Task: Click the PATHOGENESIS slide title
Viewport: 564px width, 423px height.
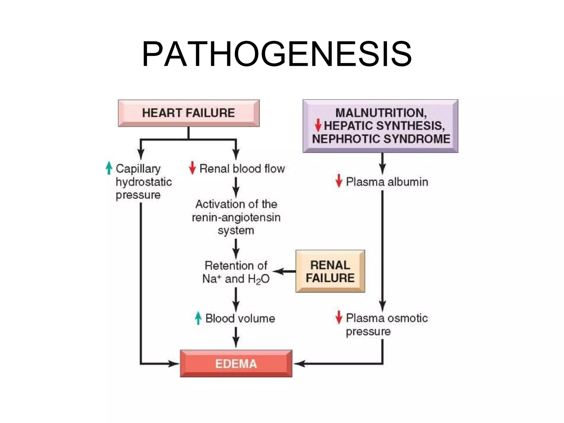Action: point(276,54)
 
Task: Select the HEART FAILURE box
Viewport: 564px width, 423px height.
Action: point(189,113)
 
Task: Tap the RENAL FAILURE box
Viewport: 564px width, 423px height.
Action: point(330,271)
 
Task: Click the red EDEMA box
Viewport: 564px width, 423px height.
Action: point(236,364)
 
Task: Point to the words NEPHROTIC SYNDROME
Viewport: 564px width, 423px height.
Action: point(381,139)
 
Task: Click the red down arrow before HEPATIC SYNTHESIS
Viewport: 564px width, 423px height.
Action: point(318,125)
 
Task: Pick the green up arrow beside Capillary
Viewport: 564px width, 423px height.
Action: point(109,168)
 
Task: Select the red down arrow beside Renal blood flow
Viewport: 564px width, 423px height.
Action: point(192,168)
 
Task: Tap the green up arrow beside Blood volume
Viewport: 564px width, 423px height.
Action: point(198,318)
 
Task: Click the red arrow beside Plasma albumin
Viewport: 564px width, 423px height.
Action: point(339,181)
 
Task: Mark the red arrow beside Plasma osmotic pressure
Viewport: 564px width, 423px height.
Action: point(339,317)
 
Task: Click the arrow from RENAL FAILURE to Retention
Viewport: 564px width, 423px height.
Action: point(284,272)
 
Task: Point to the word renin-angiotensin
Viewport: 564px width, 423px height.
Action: point(236,218)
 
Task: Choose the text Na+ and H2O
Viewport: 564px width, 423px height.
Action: point(236,279)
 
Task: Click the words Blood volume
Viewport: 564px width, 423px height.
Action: point(240,319)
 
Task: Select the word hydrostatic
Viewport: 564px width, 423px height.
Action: point(144,182)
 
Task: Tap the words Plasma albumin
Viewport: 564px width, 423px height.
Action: point(387,182)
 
